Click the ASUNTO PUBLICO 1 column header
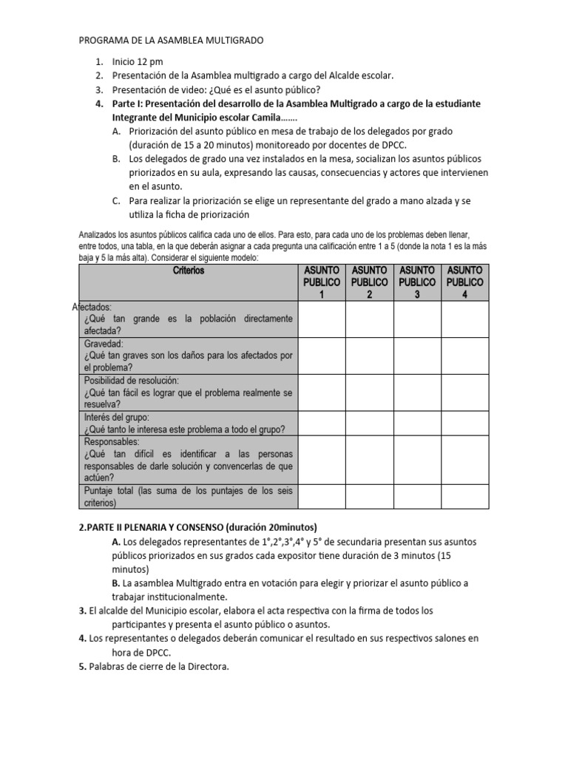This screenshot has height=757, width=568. coord(322,282)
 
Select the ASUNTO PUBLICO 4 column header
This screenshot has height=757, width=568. coord(465,282)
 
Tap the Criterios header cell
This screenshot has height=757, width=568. coord(188,271)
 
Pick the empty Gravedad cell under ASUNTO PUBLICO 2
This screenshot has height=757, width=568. coord(369,356)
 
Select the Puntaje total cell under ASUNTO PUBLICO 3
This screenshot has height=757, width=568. coord(418,497)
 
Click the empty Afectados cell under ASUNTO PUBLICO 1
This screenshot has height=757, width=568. coord(322,319)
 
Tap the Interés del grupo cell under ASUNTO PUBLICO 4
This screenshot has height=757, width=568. coord(465,423)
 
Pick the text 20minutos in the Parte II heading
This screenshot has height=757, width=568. coord(287,527)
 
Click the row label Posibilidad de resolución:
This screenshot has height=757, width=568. coord(132,380)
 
